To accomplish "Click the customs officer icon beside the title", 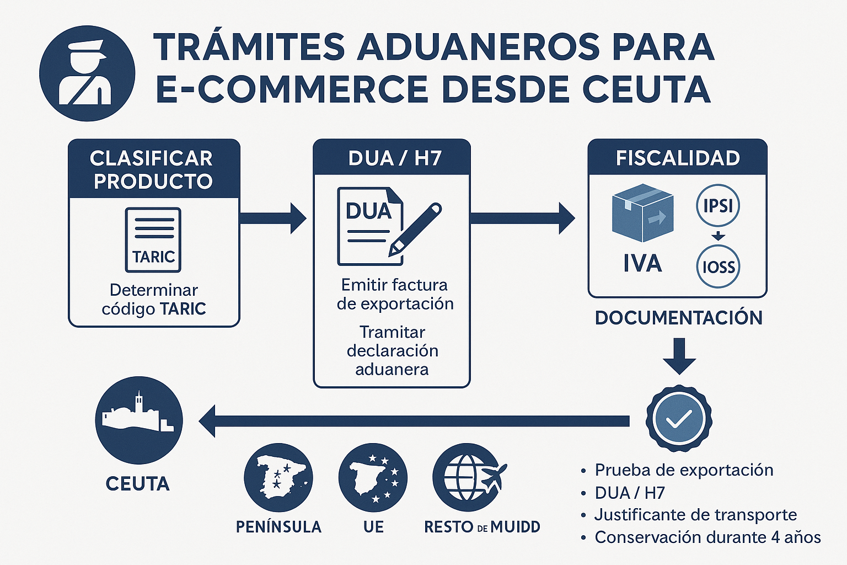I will pos(87,73).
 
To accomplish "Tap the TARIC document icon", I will pos(153,239).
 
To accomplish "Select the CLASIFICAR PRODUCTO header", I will pos(153,169).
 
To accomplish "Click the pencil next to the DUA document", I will pos(415,229).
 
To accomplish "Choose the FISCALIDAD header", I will pos(677,158).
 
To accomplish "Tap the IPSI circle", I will pos(718,206).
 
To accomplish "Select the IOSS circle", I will pos(718,267).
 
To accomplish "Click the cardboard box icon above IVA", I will pos(642,212).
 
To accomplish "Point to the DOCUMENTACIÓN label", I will pos(678,318).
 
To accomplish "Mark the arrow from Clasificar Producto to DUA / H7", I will pos(273,218).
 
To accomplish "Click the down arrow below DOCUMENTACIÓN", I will pos(679,356).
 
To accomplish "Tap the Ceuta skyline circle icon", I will pos(139,420).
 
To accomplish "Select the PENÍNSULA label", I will pos(278,527).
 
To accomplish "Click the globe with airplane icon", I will pos(469,477).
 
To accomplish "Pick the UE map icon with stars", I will pos(373,477).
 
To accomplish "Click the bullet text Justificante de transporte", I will pos(695,515).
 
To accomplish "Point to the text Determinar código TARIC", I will pos(154,299).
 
